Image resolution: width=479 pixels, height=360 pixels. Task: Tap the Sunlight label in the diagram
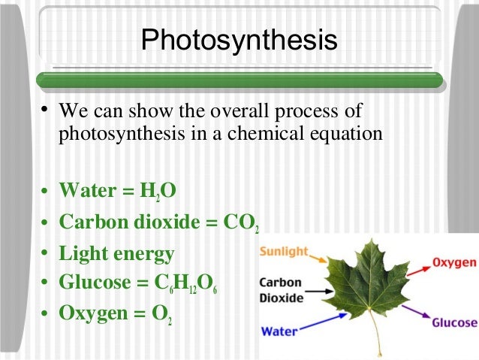point(285,252)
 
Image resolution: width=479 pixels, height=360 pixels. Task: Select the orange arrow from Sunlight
point(322,259)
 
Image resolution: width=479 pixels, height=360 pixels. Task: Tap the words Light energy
point(116,253)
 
